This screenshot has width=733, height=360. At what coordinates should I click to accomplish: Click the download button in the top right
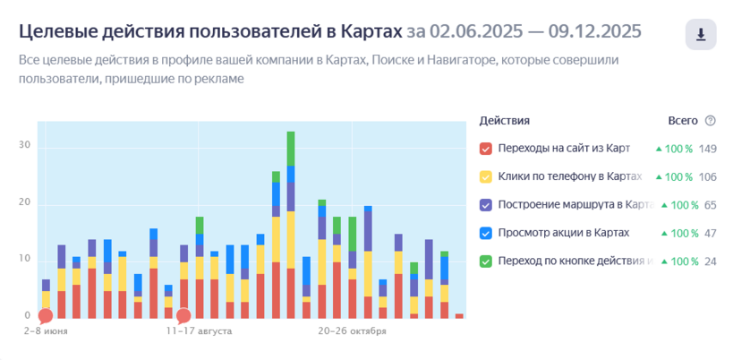[701, 34]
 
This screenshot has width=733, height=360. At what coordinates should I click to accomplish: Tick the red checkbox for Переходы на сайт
[486, 149]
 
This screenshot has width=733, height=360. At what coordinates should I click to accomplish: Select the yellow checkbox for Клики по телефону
[486, 176]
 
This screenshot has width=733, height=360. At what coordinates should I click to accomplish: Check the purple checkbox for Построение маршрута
[486, 205]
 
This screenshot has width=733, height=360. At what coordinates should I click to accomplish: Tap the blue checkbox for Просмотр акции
[486, 233]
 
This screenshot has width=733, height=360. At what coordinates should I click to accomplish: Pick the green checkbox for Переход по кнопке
[486, 261]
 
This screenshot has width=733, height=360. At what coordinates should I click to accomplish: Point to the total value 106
[708, 176]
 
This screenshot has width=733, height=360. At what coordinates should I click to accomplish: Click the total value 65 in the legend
[711, 205]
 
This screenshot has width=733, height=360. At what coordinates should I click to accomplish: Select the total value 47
[711, 233]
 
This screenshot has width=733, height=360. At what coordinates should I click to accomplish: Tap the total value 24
[711, 261]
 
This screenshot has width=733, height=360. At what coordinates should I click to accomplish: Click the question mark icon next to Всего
[711, 121]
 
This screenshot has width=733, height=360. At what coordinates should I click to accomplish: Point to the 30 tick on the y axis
[24, 146]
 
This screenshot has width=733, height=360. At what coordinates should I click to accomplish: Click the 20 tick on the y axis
[24, 202]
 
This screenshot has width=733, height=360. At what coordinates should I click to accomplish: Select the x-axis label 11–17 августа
[199, 331]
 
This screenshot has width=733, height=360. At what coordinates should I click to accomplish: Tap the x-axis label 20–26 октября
[353, 331]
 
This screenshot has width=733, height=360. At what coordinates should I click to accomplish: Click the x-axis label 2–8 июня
[46, 331]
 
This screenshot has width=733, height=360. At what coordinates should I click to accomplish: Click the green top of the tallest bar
[291, 148]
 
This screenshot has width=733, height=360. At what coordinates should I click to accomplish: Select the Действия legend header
[504, 121]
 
